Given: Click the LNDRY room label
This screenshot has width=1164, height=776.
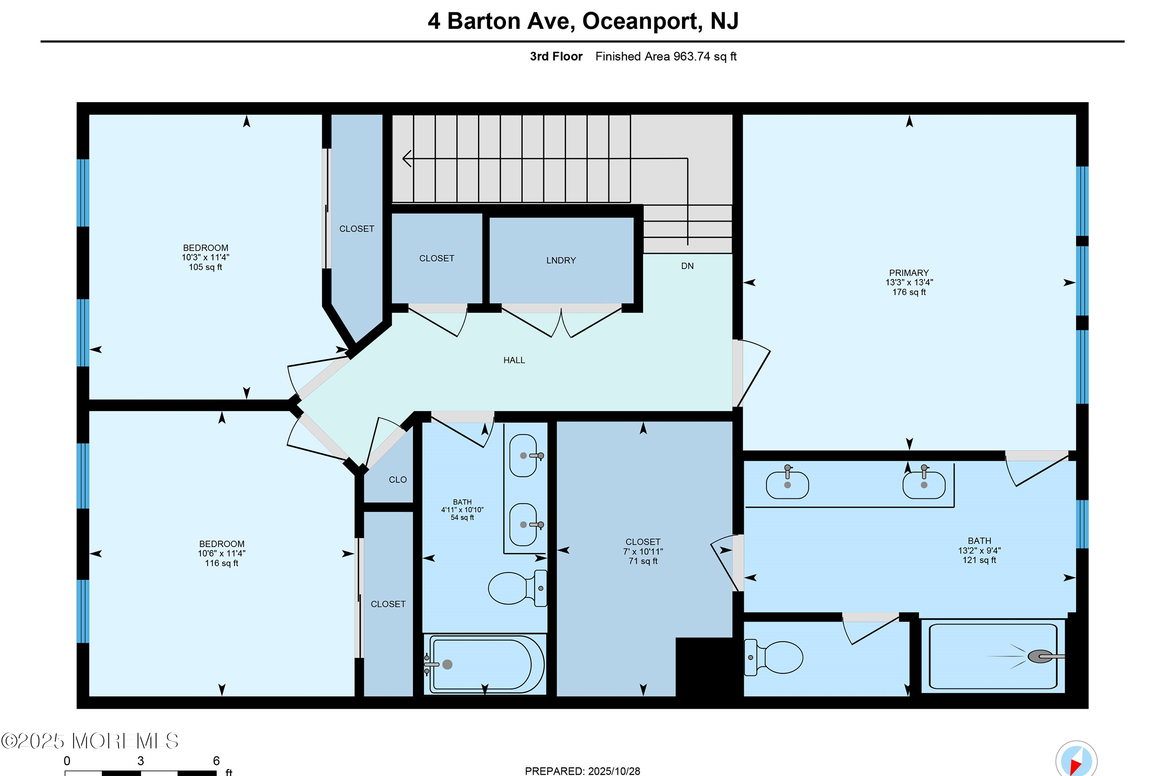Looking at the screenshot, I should tap(561, 260).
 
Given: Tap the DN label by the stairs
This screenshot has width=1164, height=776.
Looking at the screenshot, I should tap(687, 266).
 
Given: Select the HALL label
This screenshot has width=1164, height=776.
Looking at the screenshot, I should tap(514, 360).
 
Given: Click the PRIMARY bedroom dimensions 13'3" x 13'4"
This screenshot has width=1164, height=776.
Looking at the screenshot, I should tap(909, 282).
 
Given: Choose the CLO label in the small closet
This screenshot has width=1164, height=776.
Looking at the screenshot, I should tap(397, 479).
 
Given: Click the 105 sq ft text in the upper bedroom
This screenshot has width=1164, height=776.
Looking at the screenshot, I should tap(205, 267).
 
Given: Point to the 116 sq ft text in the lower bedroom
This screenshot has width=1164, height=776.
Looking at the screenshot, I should tap(221, 563).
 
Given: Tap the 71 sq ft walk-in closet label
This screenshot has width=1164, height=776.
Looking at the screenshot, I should tap(642, 561).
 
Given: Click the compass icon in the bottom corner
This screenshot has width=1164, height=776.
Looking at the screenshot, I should tap(1076, 760).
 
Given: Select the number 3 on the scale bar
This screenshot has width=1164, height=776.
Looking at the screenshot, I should tap(141, 760).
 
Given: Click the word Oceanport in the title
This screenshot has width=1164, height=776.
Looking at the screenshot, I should tap(642, 21).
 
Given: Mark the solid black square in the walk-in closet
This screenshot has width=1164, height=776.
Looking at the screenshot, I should tap(704, 666).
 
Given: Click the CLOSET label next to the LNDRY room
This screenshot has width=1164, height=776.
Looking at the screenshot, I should tap(436, 258).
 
